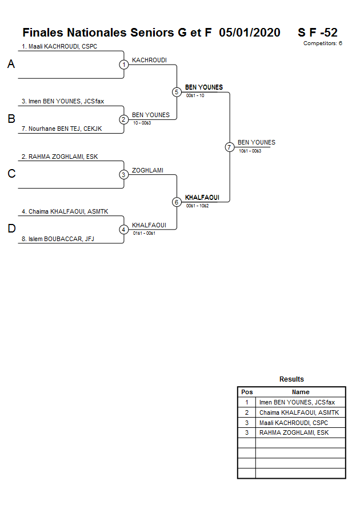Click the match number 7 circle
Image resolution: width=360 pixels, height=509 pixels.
(229, 147)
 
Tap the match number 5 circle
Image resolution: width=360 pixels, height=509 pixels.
(177, 92)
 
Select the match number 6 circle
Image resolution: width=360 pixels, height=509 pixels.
(177, 202)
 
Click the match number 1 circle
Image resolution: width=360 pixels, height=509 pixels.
(123, 65)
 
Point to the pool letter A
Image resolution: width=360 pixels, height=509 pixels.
(11, 65)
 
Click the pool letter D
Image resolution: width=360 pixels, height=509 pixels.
(11, 229)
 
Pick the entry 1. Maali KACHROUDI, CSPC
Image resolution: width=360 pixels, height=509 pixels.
(59, 46)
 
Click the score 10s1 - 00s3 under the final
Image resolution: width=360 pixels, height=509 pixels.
(250, 151)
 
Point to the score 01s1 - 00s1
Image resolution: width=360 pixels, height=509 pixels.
(144, 233)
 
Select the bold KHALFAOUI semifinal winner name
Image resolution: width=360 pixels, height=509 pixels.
(202, 198)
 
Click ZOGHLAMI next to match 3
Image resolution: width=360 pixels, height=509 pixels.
(147, 170)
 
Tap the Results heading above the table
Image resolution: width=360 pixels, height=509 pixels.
(291, 379)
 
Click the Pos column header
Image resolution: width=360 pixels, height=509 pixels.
(247, 392)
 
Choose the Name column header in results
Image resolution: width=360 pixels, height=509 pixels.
(301, 392)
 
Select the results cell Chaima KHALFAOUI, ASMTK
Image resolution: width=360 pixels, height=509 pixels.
(299, 412)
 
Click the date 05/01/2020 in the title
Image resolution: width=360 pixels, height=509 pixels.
(250, 33)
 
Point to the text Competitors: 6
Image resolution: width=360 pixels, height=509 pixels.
(323, 43)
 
